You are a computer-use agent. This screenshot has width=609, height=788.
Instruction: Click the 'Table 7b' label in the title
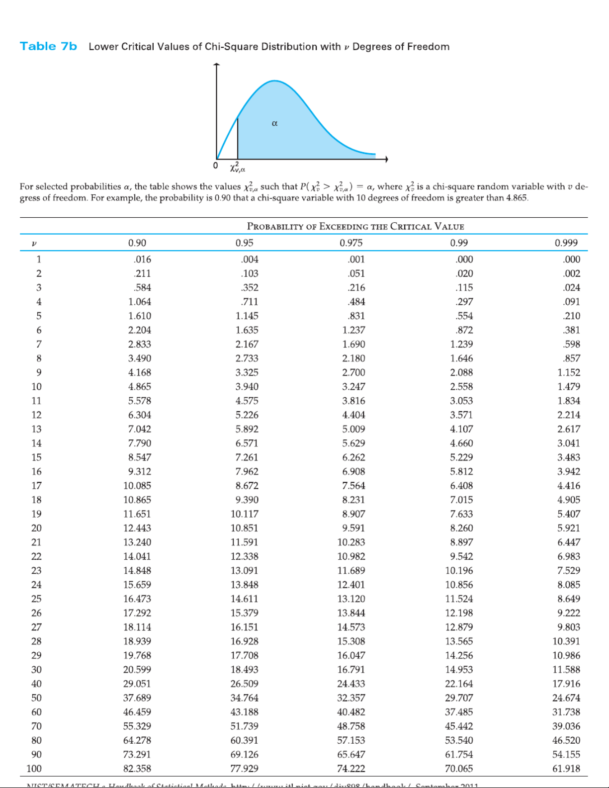pyautogui.click(x=48, y=46)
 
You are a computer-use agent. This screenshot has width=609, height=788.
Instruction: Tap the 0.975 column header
pyautogui.click(x=351, y=243)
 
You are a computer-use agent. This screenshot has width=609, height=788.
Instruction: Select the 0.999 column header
pyautogui.click(x=566, y=243)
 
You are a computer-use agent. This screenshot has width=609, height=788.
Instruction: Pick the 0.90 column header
pyautogui.click(x=137, y=243)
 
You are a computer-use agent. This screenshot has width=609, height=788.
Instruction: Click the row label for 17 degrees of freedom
pyautogui.click(x=36, y=486)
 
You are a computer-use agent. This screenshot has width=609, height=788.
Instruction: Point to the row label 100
pyautogui.click(x=34, y=769)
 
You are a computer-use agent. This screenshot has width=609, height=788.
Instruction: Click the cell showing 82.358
pyautogui.click(x=137, y=769)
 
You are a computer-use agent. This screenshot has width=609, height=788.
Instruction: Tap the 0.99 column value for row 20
pyautogui.click(x=461, y=528)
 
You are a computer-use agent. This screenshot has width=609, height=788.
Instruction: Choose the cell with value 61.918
pyautogui.click(x=566, y=769)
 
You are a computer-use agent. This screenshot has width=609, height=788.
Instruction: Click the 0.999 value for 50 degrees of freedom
pyautogui.click(x=566, y=698)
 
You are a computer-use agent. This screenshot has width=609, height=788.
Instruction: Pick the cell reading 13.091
pyautogui.click(x=244, y=571)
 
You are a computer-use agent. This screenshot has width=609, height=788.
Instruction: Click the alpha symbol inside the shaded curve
pyautogui.click(x=274, y=123)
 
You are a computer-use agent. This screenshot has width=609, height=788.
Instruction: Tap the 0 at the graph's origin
pyautogui.click(x=215, y=166)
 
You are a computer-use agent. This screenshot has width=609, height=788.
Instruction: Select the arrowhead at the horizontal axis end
pyautogui.click(x=385, y=159)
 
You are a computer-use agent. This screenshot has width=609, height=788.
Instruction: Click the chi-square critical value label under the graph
pyautogui.click(x=237, y=167)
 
